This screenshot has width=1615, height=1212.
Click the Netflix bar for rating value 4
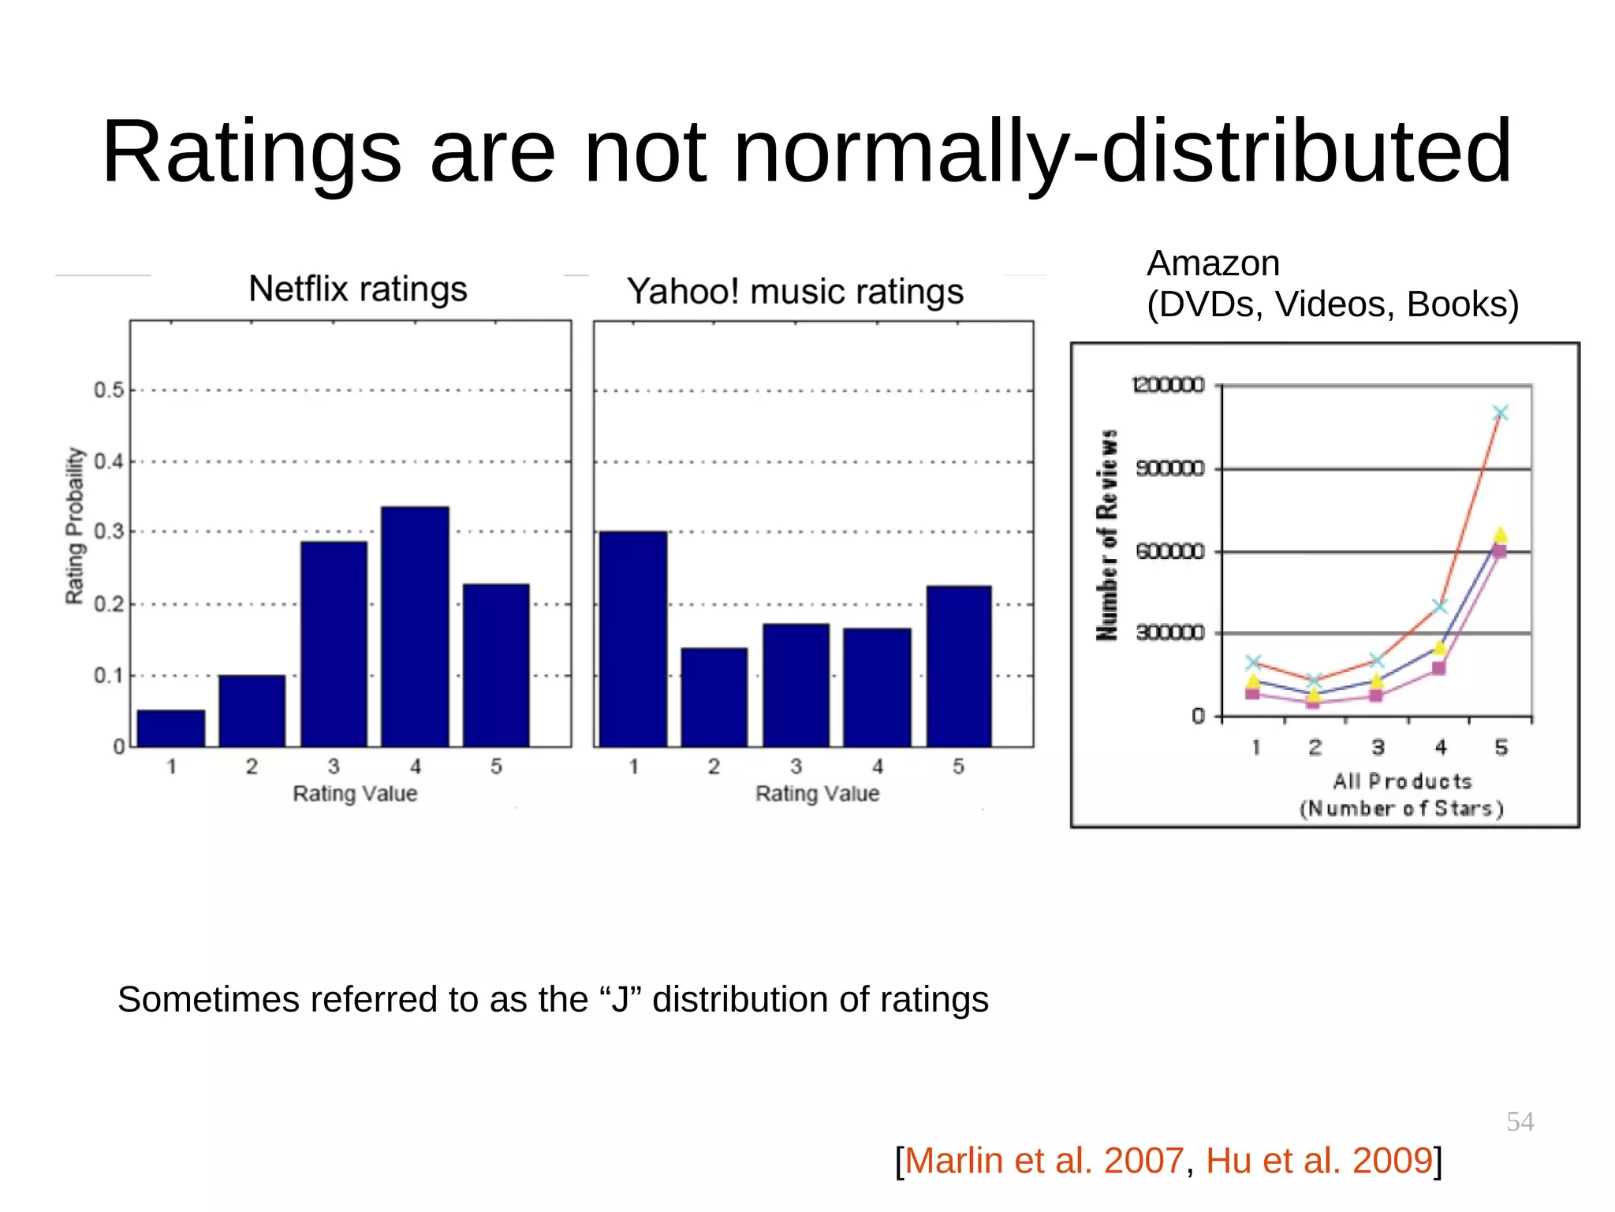click(415, 627)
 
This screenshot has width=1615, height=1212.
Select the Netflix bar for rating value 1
click(171, 728)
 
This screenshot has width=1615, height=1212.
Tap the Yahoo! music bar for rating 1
click(633, 640)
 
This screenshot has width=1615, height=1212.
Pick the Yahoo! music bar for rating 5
click(958, 666)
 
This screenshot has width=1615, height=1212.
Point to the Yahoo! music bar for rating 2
click(714, 697)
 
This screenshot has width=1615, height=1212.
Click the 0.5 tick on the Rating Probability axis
click(110, 390)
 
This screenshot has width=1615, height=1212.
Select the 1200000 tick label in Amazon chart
click(1168, 385)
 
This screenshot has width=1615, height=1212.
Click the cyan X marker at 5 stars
click(1500, 413)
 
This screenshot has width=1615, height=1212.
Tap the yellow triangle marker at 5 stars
click(1500, 535)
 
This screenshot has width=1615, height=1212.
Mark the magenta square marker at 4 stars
click(1438, 668)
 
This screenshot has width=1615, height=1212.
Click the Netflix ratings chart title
click(358, 289)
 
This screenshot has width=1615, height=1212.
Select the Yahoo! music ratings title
click(795, 292)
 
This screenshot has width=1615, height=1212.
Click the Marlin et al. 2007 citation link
click(1044, 1161)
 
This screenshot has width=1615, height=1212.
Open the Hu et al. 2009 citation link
click(1318, 1161)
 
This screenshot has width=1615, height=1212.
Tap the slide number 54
click(1520, 1121)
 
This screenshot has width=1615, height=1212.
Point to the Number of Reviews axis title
click(1107, 535)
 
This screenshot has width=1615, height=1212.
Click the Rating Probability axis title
click(74, 526)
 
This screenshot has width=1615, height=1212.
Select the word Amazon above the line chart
click(1213, 263)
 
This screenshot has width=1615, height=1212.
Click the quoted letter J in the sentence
click(621, 1000)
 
